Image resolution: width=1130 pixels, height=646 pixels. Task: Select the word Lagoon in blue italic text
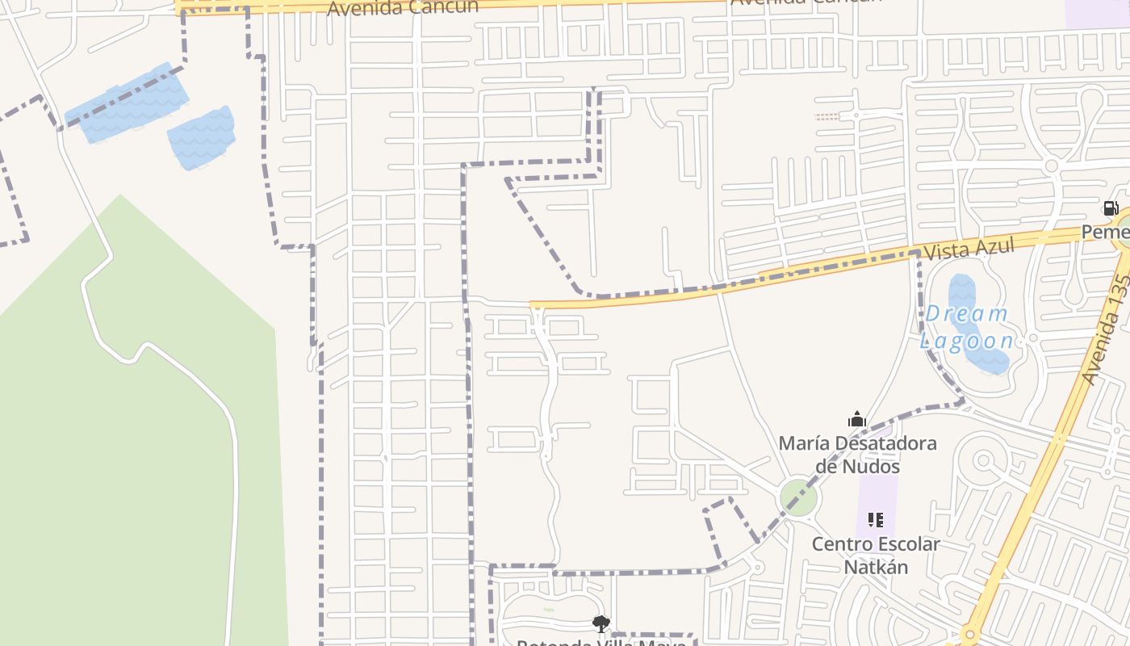(966, 340)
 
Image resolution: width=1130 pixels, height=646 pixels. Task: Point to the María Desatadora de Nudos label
(857, 454)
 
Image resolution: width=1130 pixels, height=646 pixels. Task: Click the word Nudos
(869, 466)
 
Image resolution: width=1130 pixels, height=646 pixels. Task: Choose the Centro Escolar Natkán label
(876, 555)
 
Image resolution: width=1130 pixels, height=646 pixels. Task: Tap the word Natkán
(876, 567)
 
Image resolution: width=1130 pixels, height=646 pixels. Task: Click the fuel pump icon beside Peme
(1111, 208)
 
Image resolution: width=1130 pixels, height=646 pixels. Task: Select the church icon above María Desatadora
(857, 419)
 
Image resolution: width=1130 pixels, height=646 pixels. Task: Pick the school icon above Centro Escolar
(876, 520)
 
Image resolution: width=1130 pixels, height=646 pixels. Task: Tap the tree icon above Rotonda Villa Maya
(601, 623)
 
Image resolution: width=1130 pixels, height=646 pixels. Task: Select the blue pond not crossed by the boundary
(202, 139)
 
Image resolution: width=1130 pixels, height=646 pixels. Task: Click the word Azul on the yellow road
(991, 246)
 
